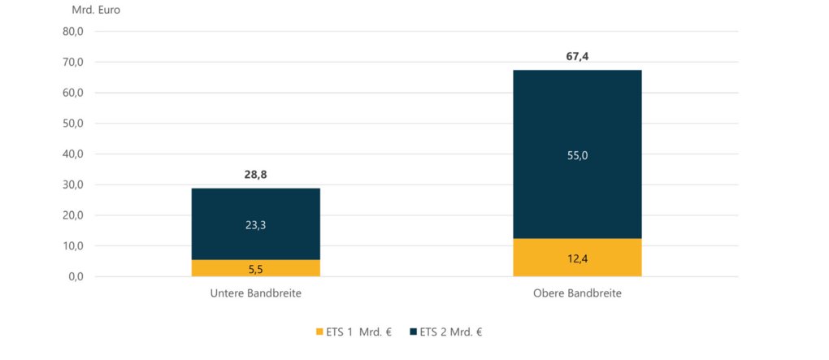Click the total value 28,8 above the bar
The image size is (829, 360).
point(256,175)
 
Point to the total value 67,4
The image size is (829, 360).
point(577,57)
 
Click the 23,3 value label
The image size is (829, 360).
point(256,225)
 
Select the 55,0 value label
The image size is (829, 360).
point(577,155)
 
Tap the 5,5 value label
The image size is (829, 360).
point(256,268)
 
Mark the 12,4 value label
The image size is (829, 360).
point(577,258)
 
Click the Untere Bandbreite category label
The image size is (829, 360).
point(256,293)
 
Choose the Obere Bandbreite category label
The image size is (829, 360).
point(577,293)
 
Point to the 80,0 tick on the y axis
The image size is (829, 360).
point(73,32)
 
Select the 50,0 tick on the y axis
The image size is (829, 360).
point(73,124)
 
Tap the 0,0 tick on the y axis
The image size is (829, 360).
point(76,276)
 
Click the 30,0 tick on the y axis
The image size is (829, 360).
point(73,184)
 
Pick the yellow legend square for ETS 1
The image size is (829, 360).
point(319,332)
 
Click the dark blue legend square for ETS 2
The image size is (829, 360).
point(413,332)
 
